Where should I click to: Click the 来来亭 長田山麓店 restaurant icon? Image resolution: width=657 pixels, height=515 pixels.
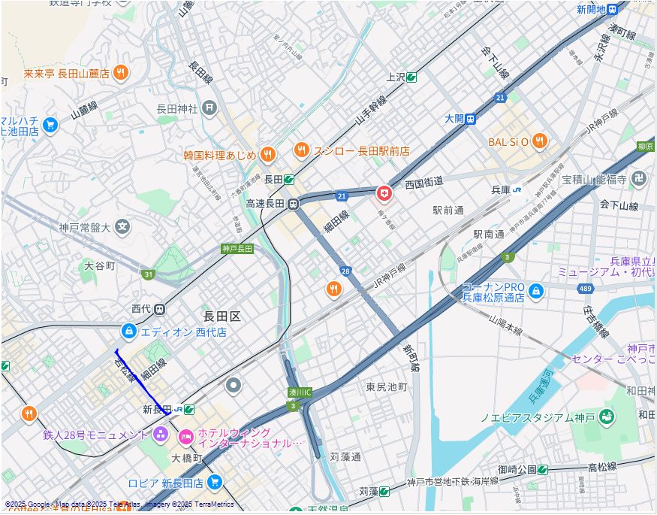pyautogui.click(x=121, y=73)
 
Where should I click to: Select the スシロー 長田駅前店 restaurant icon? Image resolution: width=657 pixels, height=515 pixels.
pyautogui.click(x=302, y=150)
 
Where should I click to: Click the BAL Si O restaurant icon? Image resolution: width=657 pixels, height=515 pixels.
pyautogui.click(x=540, y=141)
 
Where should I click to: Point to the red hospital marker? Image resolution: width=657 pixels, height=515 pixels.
pyautogui.click(x=384, y=194)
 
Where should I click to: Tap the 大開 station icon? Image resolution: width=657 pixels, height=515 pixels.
pyautogui.click(x=471, y=119)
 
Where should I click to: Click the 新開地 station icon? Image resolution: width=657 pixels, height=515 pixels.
pyautogui.click(x=613, y=10)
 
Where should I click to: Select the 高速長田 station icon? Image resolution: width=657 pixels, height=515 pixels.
pyautogui.click(x=294, y=204)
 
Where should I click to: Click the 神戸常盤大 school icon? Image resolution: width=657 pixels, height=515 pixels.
pyautogui.click(x=122, y=226)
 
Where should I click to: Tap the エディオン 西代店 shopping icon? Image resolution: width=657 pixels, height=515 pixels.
pyautogui.click(x=129, y=331)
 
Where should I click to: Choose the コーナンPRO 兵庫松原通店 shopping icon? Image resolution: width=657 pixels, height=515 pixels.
pyautogui.click(x=535, y=291)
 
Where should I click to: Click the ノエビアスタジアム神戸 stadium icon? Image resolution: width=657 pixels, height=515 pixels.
pyautogui.click(x=607, y=417)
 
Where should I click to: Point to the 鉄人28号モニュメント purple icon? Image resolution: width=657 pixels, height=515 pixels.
pyautogui.click(x=161, y=434)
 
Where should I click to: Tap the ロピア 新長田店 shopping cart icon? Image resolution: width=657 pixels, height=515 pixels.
pyautogui.click(x=215, y=482)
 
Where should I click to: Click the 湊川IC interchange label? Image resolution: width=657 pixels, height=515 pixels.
pyautogui.click(x=300, y=392)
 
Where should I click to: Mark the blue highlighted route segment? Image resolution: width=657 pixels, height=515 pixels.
pyautogui.click(x=140, y=382)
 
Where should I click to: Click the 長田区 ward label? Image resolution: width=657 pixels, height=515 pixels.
pyautogui.click(x=222, y=317)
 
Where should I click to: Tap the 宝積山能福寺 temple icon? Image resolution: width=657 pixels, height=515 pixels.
pyautogui.click(x=639, y=179)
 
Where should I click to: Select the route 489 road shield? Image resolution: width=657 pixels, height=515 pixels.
pyautogui.click(x=586, y=288)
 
